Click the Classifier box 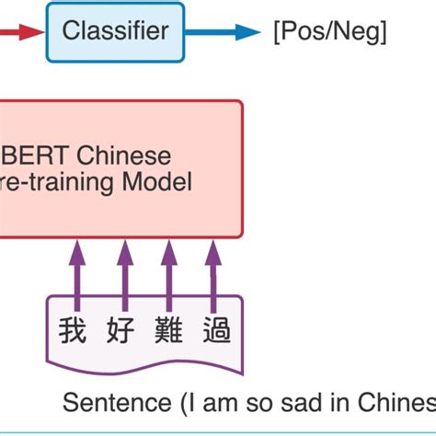(x=115, y=32)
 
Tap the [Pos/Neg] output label (x=329, y=32)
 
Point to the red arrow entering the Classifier (x=22, y=32)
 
